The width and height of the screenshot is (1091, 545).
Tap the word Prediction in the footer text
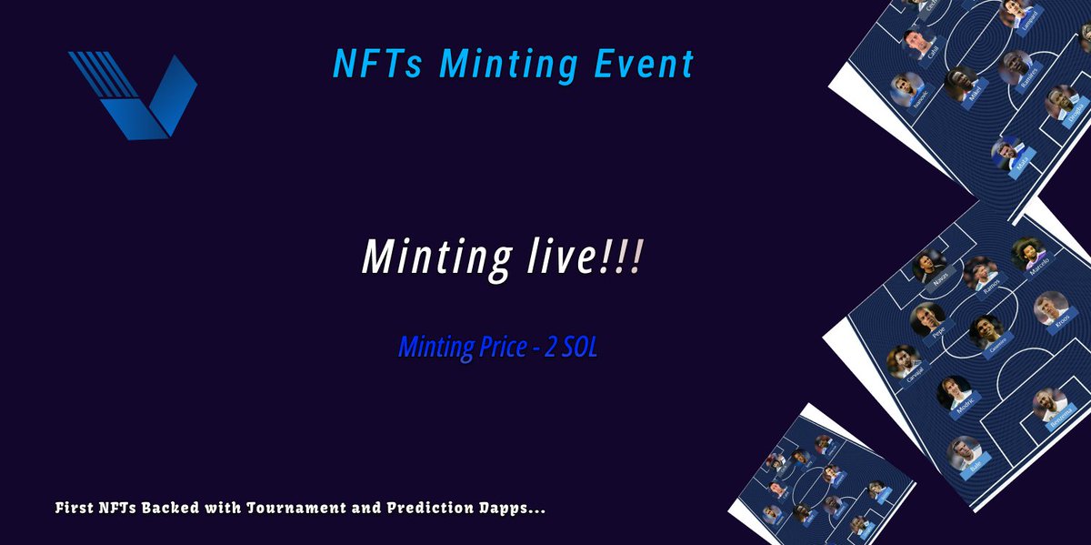coord(448,507)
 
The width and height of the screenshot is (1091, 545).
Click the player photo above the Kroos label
coord(1050,308)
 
